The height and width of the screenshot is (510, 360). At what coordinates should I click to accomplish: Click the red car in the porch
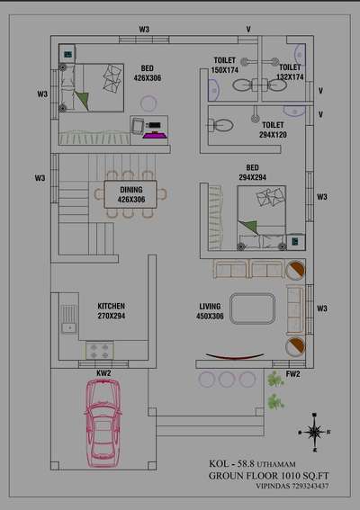click(x=103, y=423)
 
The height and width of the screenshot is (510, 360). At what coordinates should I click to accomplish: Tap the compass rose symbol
click(x=314, y=433)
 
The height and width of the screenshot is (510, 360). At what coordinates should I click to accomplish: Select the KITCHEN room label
click(x=112, y=306)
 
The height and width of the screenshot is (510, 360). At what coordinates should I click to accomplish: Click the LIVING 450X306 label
click(x=210, y=311)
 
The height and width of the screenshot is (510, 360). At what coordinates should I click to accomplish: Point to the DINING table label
click(x=131, y=194)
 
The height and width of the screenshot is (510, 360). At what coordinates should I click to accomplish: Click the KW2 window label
click(x=103, y=373)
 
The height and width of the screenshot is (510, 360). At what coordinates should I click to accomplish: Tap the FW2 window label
click(x=292, y=374)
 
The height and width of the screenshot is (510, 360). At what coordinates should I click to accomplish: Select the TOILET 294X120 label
click(x=273, y=130)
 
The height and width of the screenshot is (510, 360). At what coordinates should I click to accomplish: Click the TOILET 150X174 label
click(x=225, y=65)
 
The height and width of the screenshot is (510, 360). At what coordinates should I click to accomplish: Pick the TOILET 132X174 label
click(x=290, y=72)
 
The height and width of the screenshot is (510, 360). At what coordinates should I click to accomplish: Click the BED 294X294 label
click(x=253, y=173)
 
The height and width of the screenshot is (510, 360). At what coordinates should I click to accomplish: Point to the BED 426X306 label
click(x=148, y=73)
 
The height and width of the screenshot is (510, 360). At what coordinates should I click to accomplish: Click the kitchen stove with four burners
click(x=100, y=351)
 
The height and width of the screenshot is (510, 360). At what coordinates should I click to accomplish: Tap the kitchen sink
click(x=69, y=319)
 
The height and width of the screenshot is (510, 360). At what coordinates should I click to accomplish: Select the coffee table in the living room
click(x=252, y=309)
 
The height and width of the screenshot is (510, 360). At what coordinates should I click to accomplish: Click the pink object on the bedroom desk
click(x=155, y=135)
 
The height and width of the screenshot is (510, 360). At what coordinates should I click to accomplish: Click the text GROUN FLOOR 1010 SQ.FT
click(x=268, y=476)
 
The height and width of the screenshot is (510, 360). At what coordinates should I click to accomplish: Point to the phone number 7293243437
click(x=310, y=486)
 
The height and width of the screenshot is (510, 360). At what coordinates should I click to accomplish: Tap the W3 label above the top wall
click(x=144, y=30)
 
